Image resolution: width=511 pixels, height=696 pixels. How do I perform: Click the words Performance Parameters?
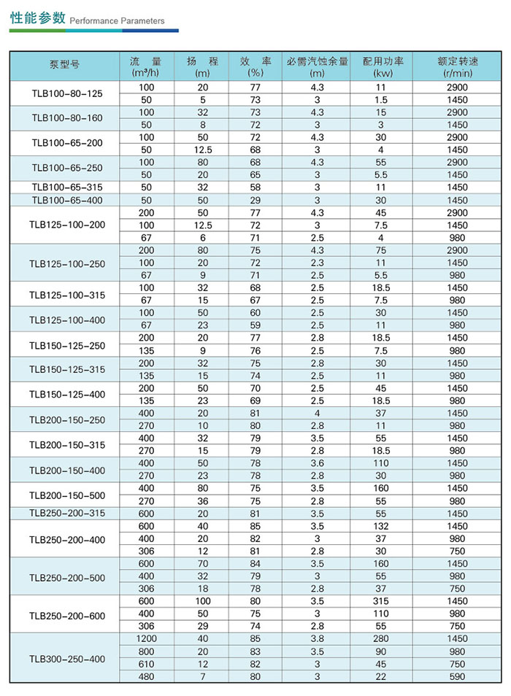(117, 21)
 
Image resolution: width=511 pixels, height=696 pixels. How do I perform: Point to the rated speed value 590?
(458, 676)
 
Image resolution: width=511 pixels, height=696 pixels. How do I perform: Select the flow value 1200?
(146, 638)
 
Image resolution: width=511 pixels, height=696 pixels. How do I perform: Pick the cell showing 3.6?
(317, 463)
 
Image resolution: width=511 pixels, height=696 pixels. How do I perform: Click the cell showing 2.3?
(317, 263)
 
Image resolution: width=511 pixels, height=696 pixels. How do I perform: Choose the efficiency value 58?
(255, 187)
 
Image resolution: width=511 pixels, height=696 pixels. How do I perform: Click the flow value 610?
(146, 664)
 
